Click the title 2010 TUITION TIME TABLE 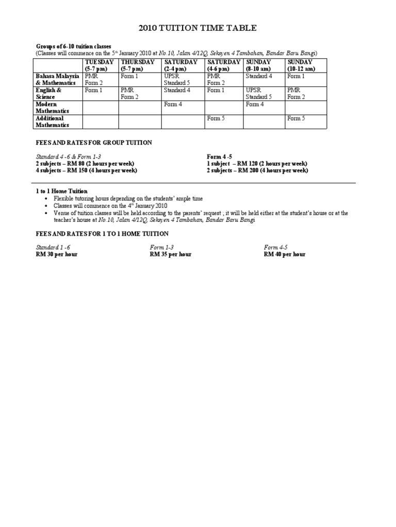click(x=197, y=28)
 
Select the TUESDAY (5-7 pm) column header click(x=100, y=65)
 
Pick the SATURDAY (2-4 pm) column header click(x=181, y=65)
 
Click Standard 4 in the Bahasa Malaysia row click(x=259, y=76)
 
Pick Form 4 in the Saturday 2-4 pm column click(x=173, y=104)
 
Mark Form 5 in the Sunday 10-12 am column click(x=296, y=118)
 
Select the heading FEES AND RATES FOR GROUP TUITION click(x=94, y=143)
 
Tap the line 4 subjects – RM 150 click(x=87, y=171)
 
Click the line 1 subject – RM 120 click(x=257, y=164)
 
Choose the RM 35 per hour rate click(x=171, y=254)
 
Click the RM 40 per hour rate click(x=285, y=254)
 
